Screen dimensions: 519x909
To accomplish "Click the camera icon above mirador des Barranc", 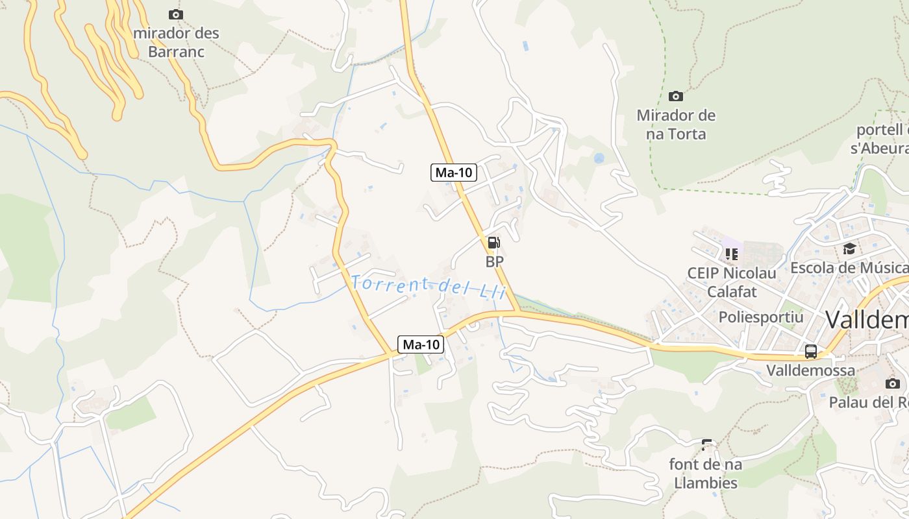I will [175, 14].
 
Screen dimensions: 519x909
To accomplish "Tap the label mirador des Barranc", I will [176, 42].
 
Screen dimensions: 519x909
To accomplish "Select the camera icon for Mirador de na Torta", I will [676, 96].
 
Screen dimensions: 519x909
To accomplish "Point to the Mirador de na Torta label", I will [676, 125].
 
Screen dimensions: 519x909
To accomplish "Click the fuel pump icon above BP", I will [494, 243].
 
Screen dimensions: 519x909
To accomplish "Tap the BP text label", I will [495, 261].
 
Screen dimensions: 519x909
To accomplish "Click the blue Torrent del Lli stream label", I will [428, 286].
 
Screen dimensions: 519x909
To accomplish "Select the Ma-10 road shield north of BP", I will [454, 173].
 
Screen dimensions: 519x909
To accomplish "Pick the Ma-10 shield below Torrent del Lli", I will [421, 344].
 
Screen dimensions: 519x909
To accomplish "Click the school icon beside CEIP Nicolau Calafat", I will [732, 254].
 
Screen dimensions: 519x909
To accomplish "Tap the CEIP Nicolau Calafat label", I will [732, 282].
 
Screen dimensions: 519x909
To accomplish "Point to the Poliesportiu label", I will [761, 317].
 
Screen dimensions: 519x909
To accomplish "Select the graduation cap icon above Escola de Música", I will [849, 248].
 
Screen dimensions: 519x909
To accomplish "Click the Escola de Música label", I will [849, 267].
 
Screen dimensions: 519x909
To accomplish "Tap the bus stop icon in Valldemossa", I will [811, 352].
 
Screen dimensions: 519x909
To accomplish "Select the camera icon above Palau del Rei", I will [892, 383].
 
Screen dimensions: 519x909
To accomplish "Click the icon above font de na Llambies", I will [706, 445].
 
